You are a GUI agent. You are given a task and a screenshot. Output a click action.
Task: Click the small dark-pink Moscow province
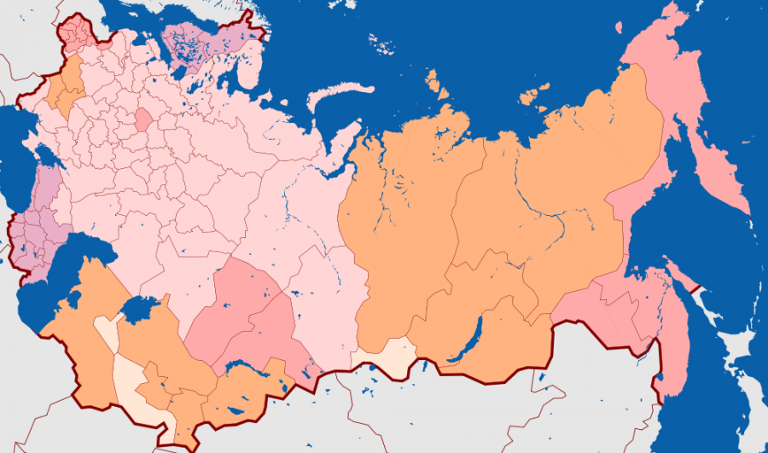coord(143,119)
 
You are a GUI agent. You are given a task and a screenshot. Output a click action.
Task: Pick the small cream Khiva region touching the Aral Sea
coord(108,328)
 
